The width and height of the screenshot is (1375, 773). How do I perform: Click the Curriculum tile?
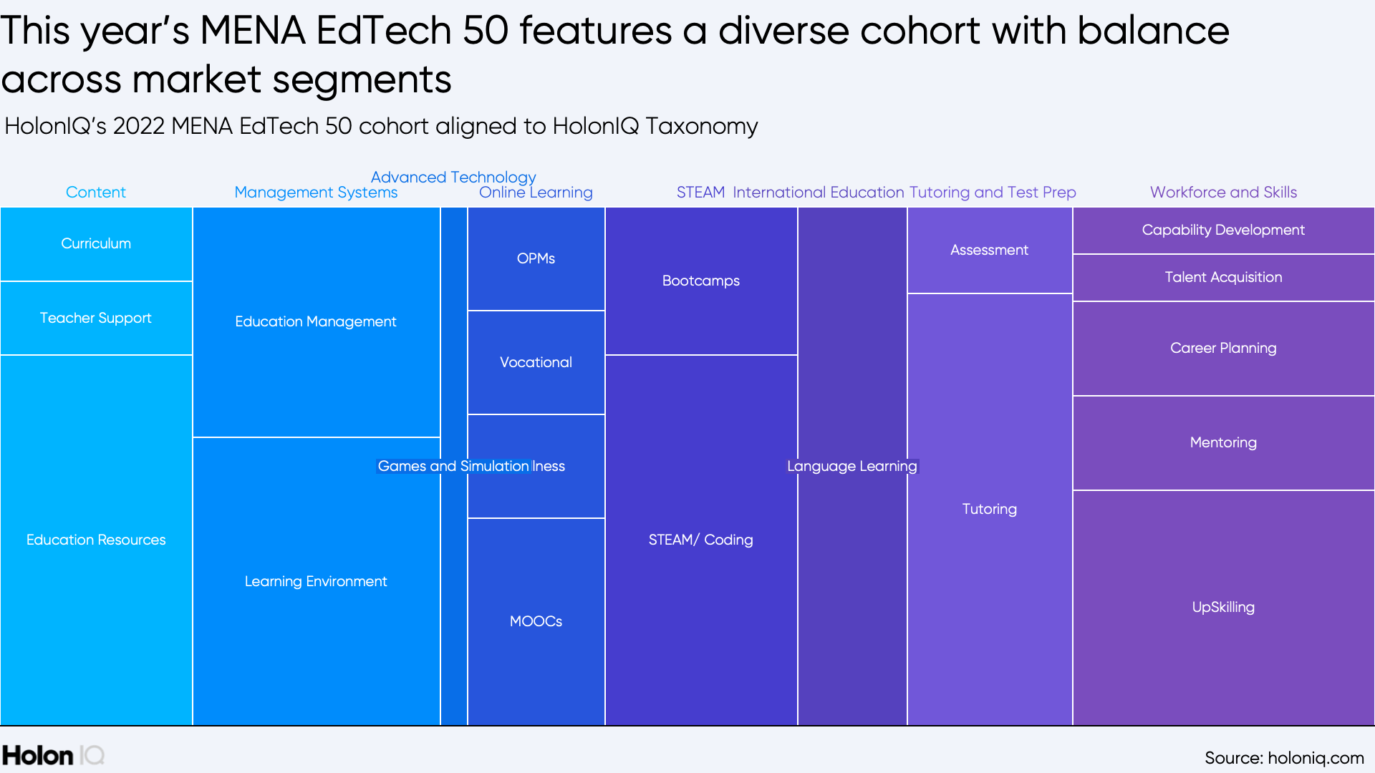pyautogui.click(x=96, y=243)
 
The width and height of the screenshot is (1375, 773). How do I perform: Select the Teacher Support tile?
pyautogui.click(x=96, y=318)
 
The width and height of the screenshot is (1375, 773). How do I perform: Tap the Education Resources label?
pyautogui.click(x=96, y=540)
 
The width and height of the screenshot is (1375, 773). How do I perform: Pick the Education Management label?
pyautogui.click(x=316, y=321)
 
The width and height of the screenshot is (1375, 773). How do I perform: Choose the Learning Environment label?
pyautogui.click(x=316, y=581)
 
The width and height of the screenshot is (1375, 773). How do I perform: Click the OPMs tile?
pyautogui.click(x=536, y=258)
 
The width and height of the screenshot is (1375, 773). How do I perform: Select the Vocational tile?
pyautogui.click(x=536, y=362)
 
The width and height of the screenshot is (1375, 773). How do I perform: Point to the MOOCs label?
pyautogui.click(x=536, y=621)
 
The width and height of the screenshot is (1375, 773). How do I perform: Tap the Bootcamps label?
pyautogui.click(x=701, y=281)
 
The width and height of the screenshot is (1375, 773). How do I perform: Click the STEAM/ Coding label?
pyautogui.click(x=701, y=540)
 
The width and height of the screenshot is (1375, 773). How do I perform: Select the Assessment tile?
pyautogui.click(x=990, y=250)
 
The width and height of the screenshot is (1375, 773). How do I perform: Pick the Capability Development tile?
pyautogui.click(x=1223, y=230)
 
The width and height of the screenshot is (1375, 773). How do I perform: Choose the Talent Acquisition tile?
pyautogui.click(x=1223, y=277)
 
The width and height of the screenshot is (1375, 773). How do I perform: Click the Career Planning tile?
pyautogui.click(x=1223, y=348)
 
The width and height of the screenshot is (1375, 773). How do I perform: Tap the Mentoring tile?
pyautogui.click(x=1223, y=442)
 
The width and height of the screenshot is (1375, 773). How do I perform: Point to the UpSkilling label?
pyautogui.click(x=1223, y=607)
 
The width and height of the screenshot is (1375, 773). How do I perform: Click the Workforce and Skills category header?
pyautogui.click(x=1223, y=192)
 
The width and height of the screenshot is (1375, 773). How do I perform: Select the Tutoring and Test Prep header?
pyautogui.click(x=993, y=192)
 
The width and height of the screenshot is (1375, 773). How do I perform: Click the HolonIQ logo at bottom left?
pyautogui.click(x=53, y=756)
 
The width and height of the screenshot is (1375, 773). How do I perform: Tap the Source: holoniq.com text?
pyautogui.click(x=1284, y=757)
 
